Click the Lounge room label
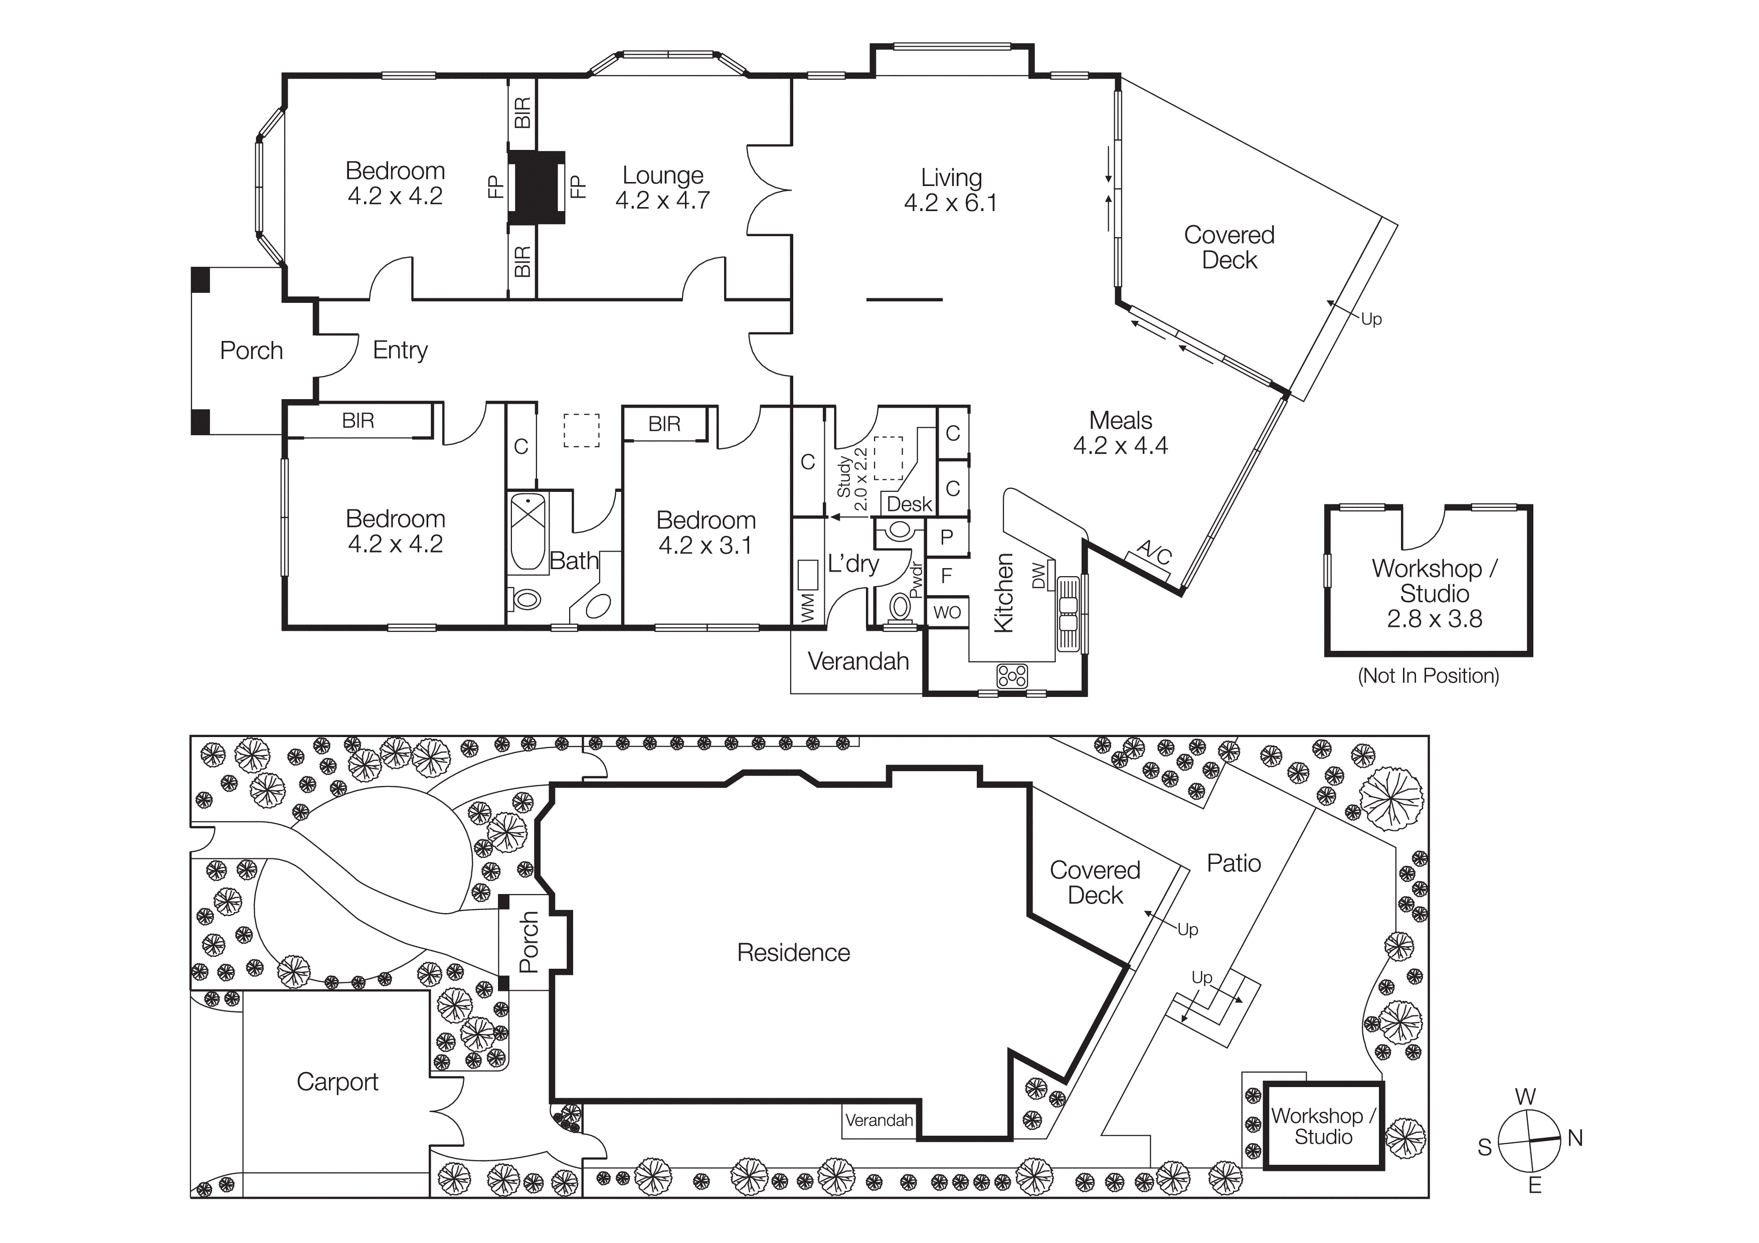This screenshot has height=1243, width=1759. pyautogui.click(x=663, y=175)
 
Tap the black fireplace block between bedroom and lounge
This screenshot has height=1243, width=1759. pyautogui.click(x=537, y=188)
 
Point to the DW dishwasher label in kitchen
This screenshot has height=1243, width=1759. pyautogui.click(x=1038, y=575)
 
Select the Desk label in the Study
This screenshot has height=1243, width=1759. pyautogui.click(x=910, y=504)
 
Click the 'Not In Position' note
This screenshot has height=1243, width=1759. pyautogui.click(x=1428, y=675)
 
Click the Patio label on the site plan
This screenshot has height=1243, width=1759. pyautogui.click(x=1234, y=863)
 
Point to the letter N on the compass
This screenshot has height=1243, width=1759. pyautogui.click(x=1575, y=1138)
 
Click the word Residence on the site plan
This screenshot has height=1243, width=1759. pyautogui.click(x=793, y=952)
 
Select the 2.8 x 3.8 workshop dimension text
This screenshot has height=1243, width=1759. pyautogui.click(x=1434, y=619)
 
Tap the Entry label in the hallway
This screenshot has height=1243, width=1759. pyautogui.click(x=400, y=350)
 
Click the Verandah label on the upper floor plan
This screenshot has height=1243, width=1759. pyautogui.click(x=858, y=661)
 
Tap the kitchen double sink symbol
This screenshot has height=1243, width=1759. pyautogui.click(x=1068, y=613)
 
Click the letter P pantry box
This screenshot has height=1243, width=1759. pyautogui.click(x=947, y=537)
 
